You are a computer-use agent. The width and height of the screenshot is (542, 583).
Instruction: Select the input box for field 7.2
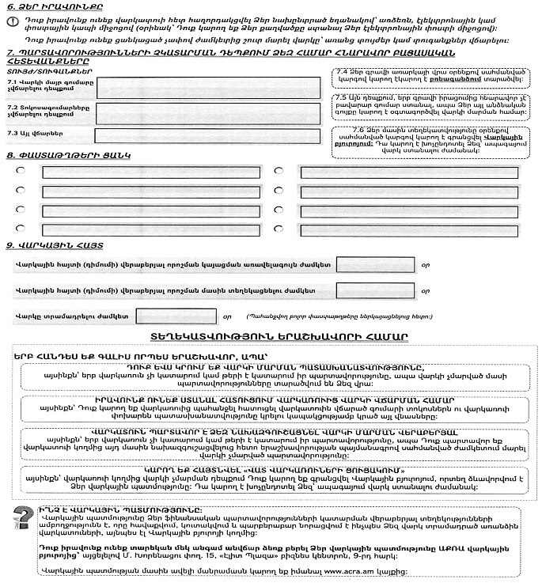coord(207,112)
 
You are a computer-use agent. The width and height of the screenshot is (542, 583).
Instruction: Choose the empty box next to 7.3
coord(207,135)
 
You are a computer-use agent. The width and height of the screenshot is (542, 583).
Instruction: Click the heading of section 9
coord(54,246)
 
